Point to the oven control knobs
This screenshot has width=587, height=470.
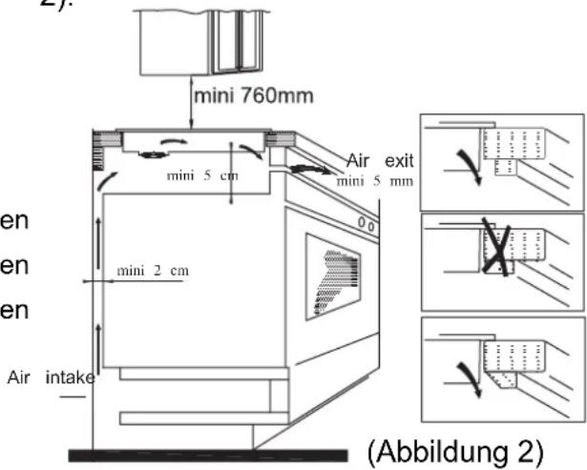(366, 225)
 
